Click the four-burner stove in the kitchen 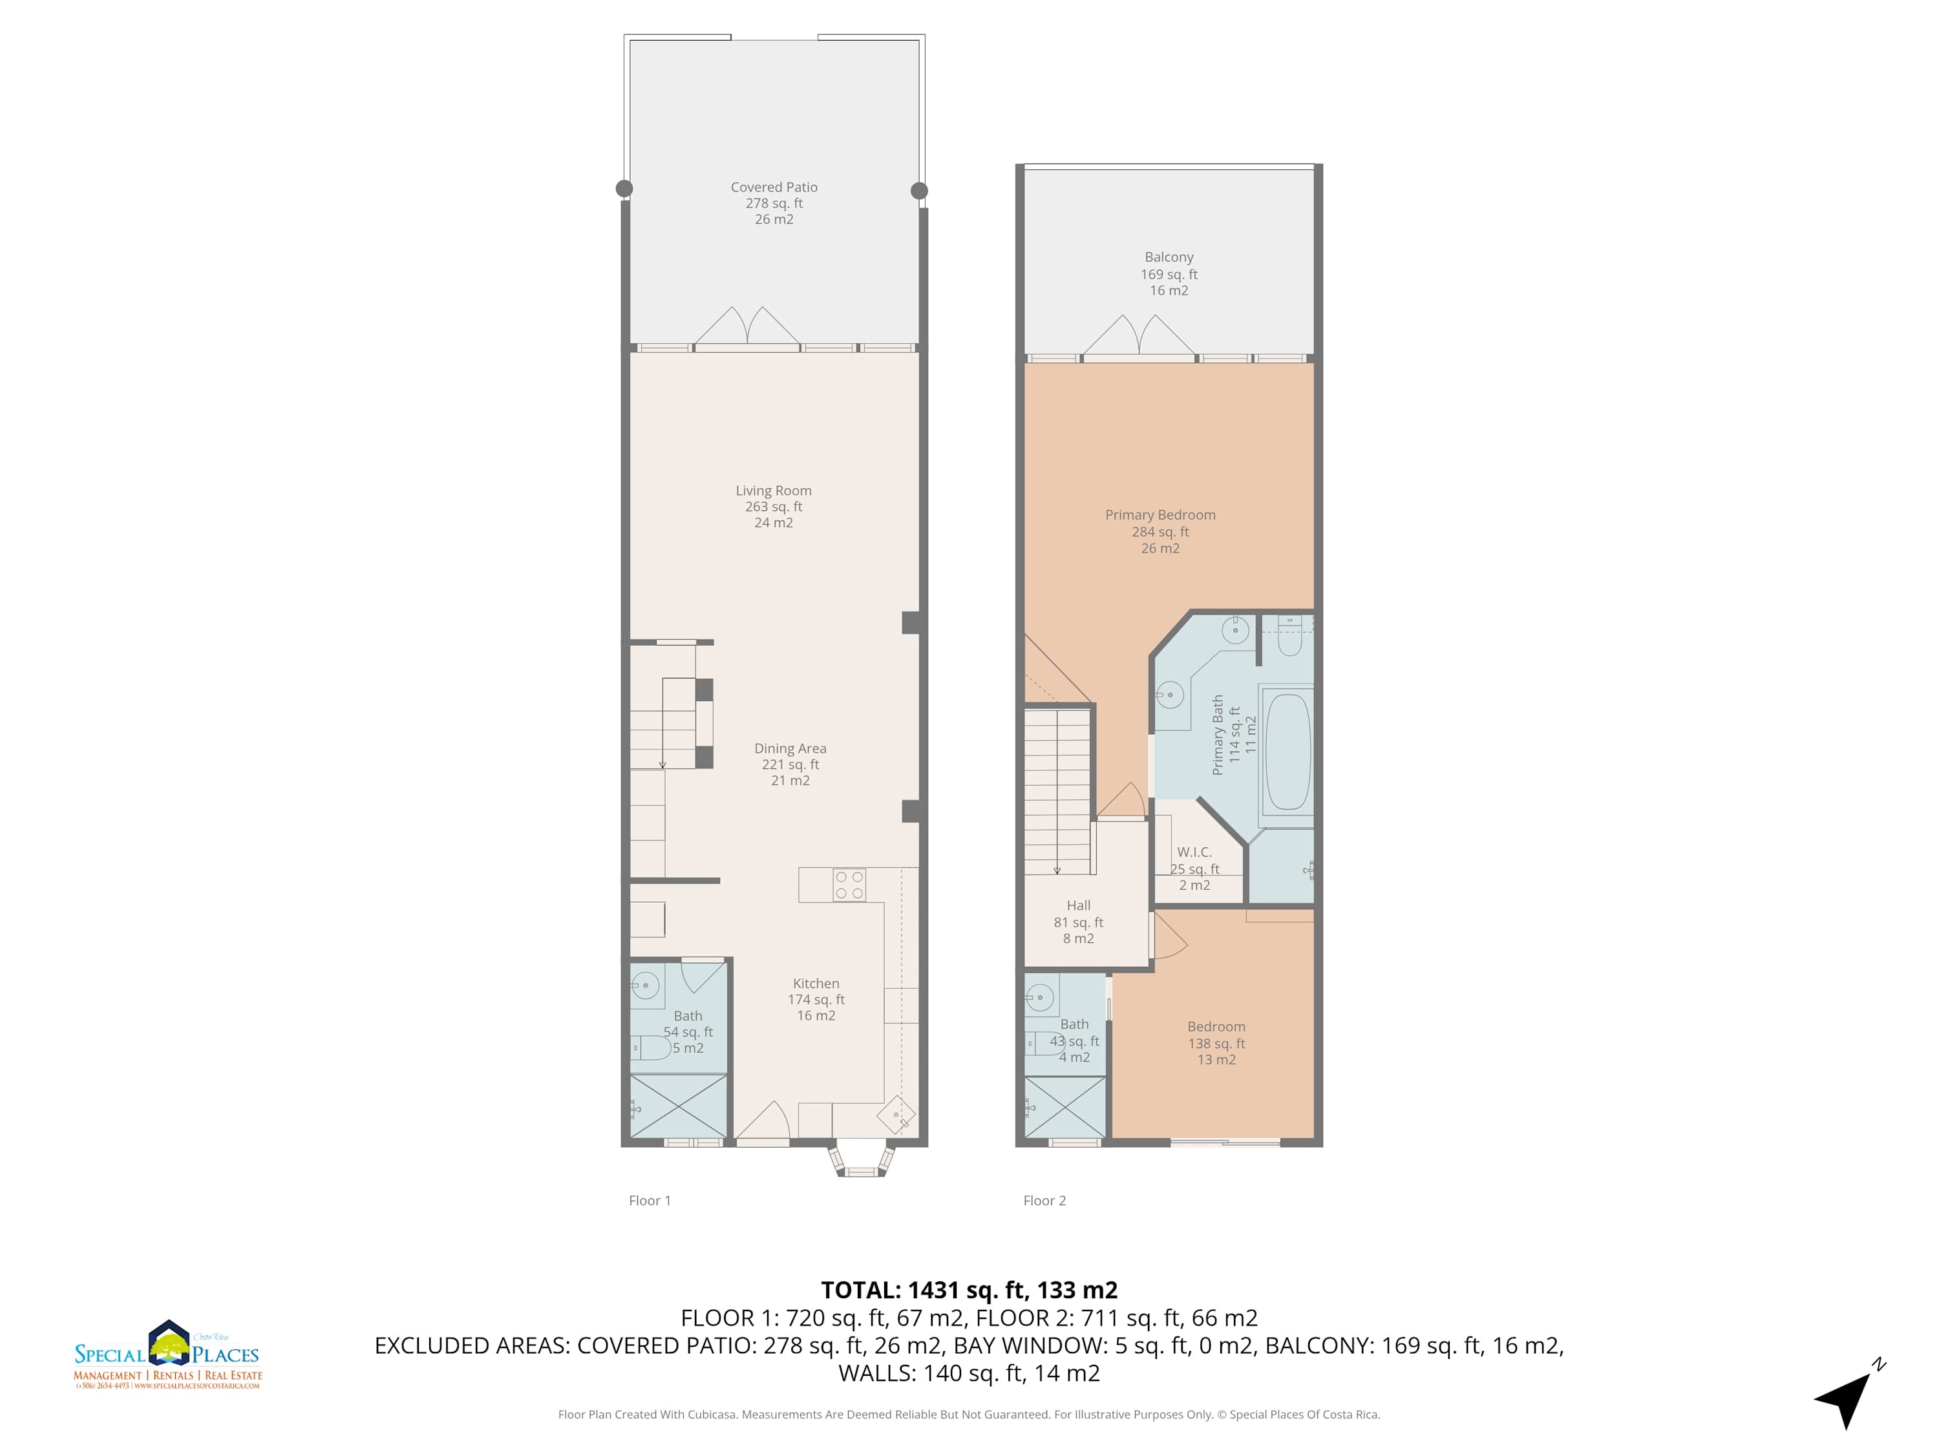tap(849, 884)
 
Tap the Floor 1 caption tap(650, 1201)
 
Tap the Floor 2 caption tap(1044, 1201)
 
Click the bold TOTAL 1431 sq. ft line tap(969, 1290)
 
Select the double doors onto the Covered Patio tap(747, 327)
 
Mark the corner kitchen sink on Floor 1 tap(896, 1115)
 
